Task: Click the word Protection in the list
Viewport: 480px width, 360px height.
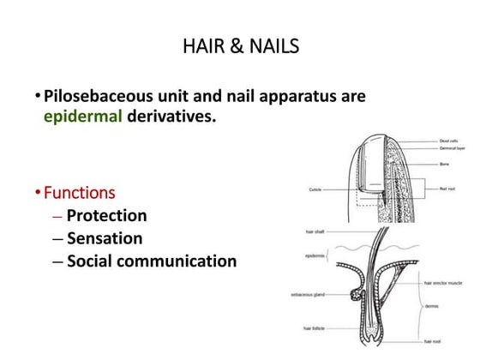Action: click(x=106, y=215)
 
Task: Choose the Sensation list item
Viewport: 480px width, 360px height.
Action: click(x=104, y=237)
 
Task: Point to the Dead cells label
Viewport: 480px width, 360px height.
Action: click(x=448, y=141)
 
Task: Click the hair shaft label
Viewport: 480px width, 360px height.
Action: click(x=315, y=231)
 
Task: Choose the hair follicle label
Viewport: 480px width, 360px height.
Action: click(x=312, y=327)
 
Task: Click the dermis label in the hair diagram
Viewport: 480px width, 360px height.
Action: click(x=431, y=305)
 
